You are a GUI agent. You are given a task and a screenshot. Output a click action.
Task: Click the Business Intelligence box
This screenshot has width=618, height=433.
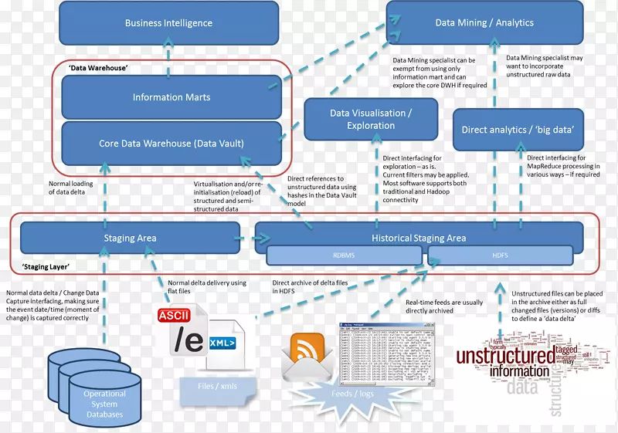168,23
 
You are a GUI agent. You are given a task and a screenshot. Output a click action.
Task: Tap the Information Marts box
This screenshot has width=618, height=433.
171,97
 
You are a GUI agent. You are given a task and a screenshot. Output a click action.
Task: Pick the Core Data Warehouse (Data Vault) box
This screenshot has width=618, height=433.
171,144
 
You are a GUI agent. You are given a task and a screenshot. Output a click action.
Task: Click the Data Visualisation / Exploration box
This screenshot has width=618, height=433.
371,119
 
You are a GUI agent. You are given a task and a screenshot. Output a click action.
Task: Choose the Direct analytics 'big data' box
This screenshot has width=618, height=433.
518,130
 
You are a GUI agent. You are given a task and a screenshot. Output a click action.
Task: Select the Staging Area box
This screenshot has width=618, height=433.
130,238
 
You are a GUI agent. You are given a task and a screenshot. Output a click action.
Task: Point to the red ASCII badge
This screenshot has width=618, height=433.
174,316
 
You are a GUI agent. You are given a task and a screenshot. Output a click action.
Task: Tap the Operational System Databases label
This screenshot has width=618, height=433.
104,404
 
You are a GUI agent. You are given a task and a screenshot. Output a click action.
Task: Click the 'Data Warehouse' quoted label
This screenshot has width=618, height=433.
98,68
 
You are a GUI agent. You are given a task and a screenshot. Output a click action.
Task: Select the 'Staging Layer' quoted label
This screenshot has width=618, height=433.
47,266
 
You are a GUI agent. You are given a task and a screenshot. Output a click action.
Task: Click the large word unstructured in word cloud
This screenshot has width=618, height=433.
504,357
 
